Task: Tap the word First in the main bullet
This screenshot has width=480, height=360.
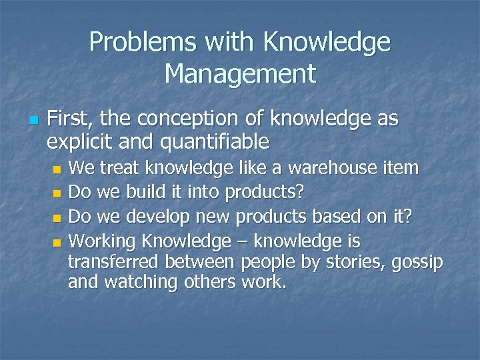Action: click(x=70, y=119)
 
